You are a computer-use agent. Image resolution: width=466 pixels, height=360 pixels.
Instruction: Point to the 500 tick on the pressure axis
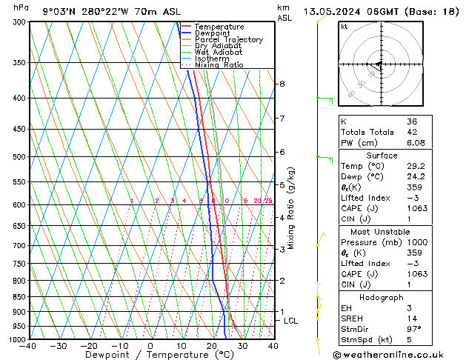16,157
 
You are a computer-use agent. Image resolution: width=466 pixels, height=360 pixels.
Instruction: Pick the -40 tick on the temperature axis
28,346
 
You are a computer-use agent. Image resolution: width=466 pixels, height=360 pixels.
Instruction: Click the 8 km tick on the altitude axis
282,84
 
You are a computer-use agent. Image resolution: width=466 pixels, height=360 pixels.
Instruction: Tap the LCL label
290,321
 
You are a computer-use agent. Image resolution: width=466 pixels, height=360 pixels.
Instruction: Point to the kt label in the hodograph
344,26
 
